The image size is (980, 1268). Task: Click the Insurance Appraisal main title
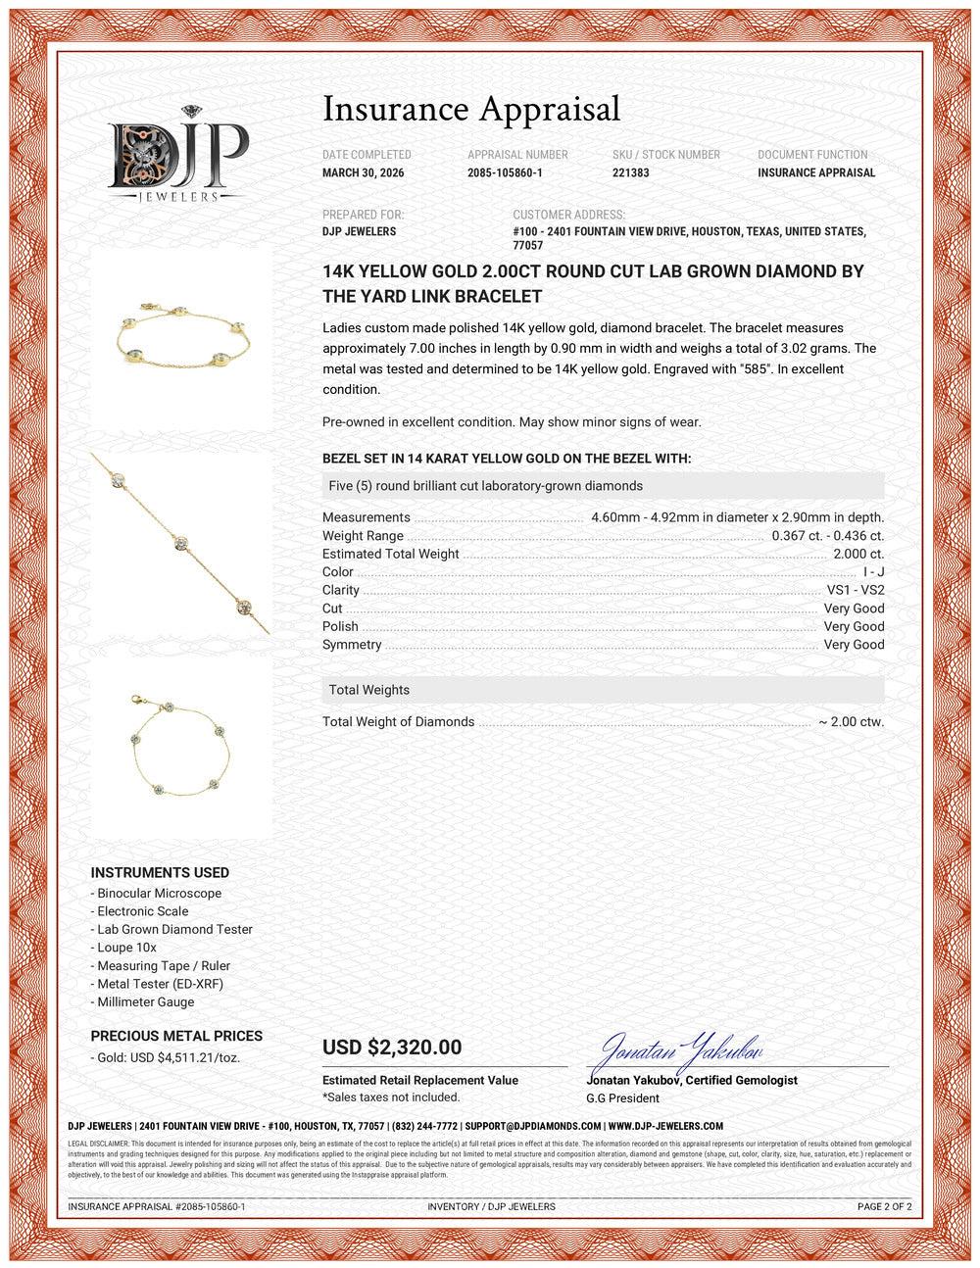[471, 109]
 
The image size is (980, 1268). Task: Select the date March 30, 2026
[363, 172]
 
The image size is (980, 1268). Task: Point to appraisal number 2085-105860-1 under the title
[505, 172]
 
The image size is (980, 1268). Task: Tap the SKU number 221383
[630, 172]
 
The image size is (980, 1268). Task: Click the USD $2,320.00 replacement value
[392, 1047]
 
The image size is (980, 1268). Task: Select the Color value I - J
[873, 572]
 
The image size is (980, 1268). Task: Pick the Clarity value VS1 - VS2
[855, 590]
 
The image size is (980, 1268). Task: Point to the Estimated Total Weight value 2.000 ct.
[857, 554]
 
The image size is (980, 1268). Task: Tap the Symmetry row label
[352, 645]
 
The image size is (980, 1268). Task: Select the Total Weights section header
[369, 690]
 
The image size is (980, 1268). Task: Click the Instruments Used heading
[160, 872]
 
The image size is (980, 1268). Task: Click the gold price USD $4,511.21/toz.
[169, 1058]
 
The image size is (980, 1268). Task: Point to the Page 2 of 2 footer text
[884, 1206]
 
